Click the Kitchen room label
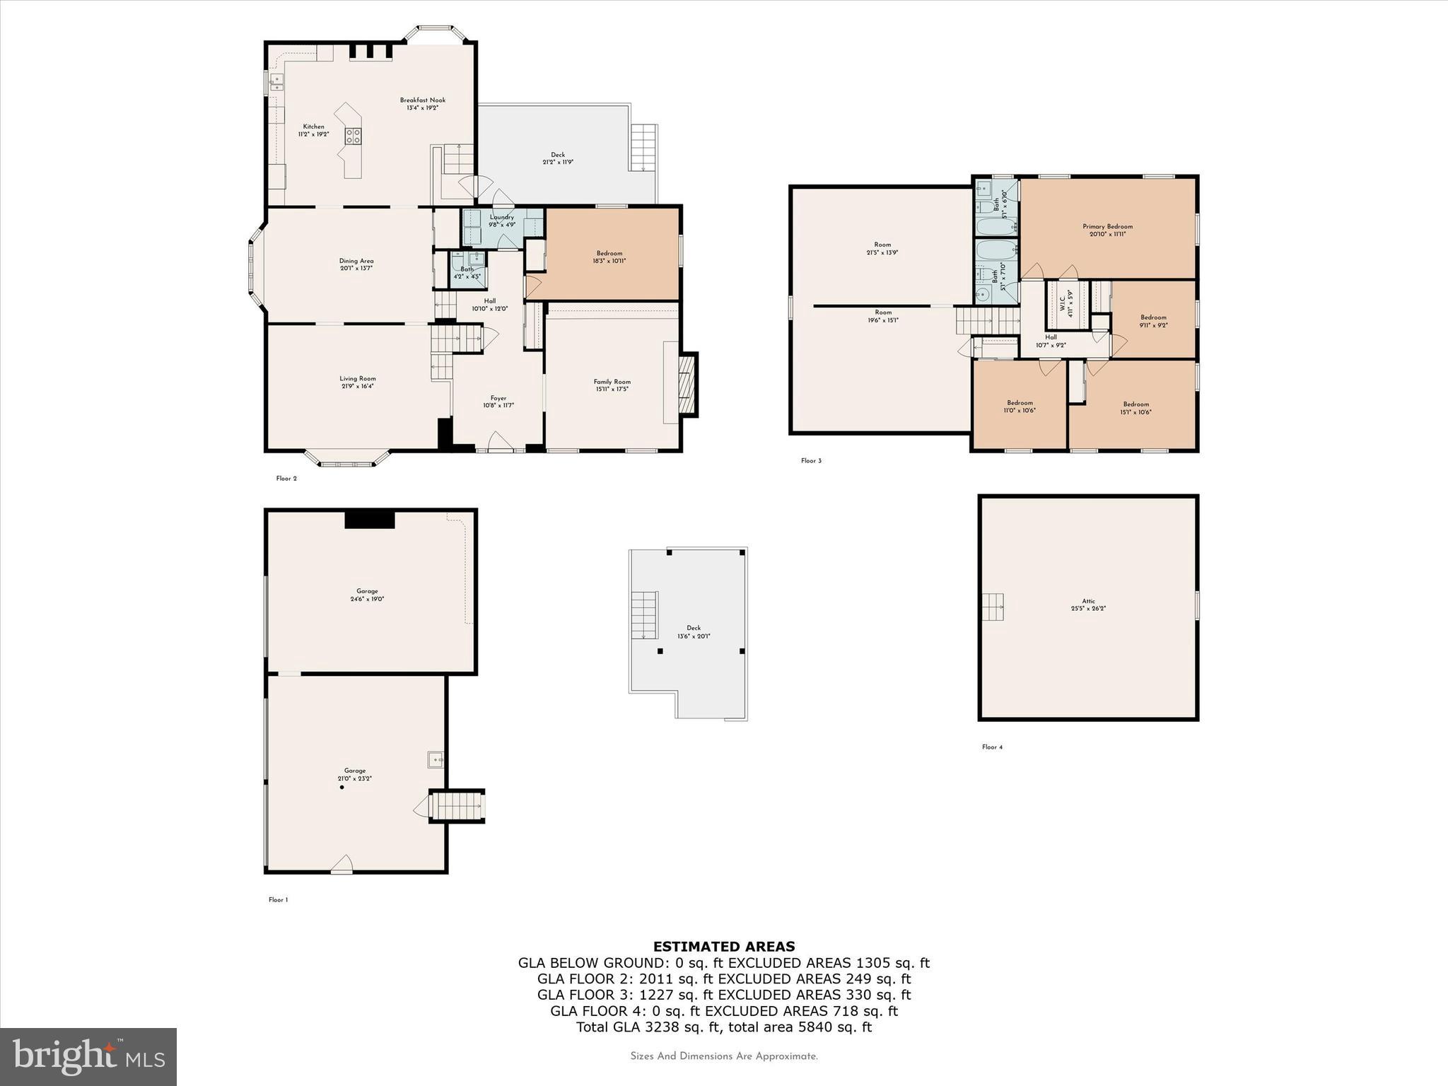click(313, 127)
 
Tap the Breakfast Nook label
click(422, 100)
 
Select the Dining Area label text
click(356, 261)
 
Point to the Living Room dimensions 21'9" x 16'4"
click(357, 387)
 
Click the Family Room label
click(612, 382)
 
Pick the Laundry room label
click(501, 217)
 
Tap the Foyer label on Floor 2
click(498, 398)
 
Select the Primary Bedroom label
click(1107, 227)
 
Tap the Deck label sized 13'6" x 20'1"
click(693, 628)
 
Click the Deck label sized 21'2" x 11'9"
click(558, 155)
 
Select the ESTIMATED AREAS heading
click(723, 946)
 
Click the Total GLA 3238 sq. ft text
click(723, 1027)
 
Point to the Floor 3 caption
click(811, 461)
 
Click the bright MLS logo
click(88, 1056)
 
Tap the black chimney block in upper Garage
click(369, 519)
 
